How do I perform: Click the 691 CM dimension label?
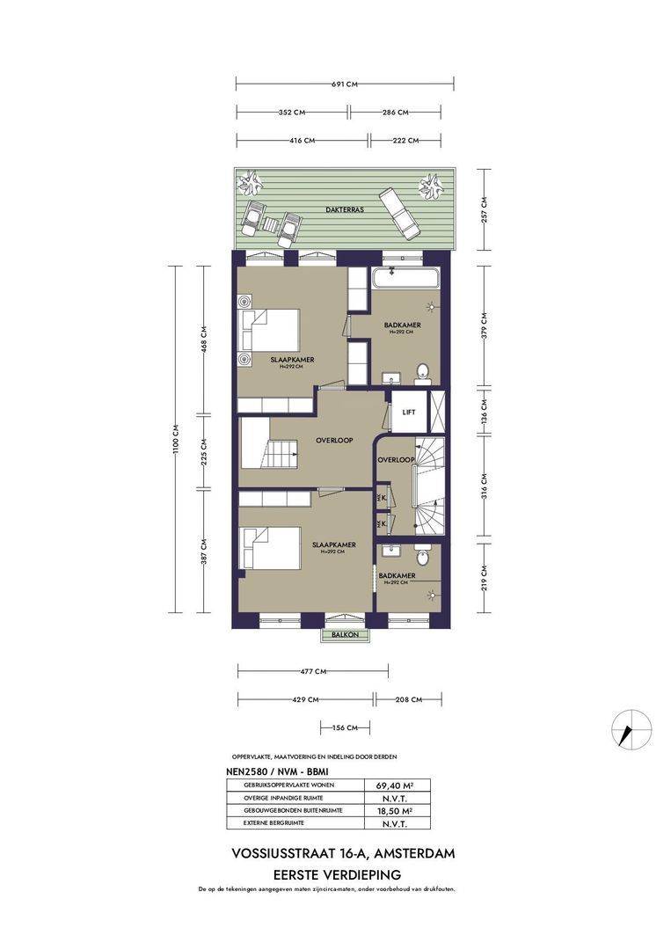[344, 84]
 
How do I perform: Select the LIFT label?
[408, 412]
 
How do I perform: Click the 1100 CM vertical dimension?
[176, 440]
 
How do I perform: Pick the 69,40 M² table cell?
[397, 785]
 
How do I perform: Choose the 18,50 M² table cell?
[397, 810]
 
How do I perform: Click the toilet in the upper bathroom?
[422, 372]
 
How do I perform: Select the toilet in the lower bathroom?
[423, 554]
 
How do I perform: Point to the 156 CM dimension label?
[345, 727]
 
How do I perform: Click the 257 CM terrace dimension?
[483, 209]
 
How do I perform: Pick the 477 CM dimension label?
[314, 671]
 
